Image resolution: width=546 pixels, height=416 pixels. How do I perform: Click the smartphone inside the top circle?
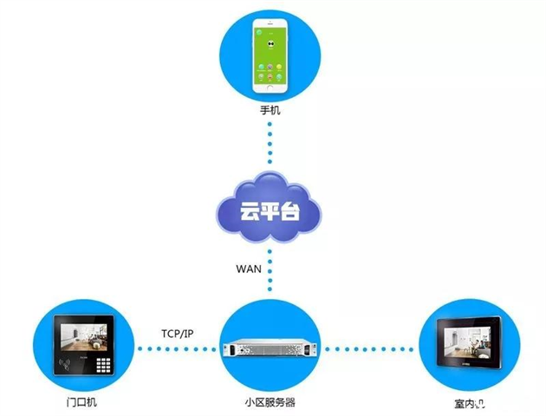tap(271, 59)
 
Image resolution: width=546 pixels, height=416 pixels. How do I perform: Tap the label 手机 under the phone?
tap(270, 111)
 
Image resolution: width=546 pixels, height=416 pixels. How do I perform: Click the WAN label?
tap(249, 269)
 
